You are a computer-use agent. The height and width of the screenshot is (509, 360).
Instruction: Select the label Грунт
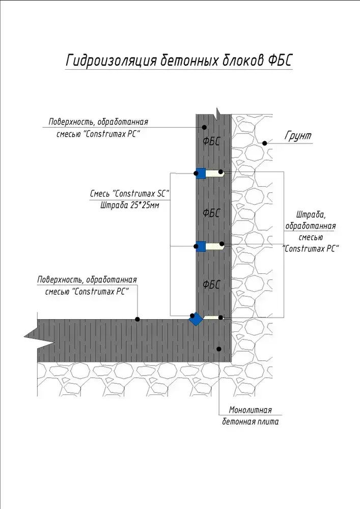tap(298, 136)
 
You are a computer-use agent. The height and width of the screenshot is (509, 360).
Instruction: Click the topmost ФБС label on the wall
tap(211, 142)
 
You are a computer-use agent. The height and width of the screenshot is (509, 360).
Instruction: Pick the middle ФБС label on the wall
tap(211, 213)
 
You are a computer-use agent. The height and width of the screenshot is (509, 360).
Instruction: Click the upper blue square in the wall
tap(201, 174)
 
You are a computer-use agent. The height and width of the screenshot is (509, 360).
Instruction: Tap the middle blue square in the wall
tap(201, 246)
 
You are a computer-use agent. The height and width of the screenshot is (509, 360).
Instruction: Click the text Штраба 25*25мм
tap(129, 206)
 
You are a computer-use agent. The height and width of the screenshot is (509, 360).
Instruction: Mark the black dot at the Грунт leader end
tap(264, 144)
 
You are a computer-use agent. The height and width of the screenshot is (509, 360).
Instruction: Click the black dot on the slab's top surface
tap(137, 319)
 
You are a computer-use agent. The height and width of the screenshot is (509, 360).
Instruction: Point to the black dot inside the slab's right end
tap(218, 349)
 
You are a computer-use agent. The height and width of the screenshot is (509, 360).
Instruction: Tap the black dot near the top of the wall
tap(204, 127)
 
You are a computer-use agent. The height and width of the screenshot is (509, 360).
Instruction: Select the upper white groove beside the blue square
tap(215, 174)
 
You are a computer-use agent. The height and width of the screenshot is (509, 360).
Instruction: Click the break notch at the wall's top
tap(217, 112)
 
